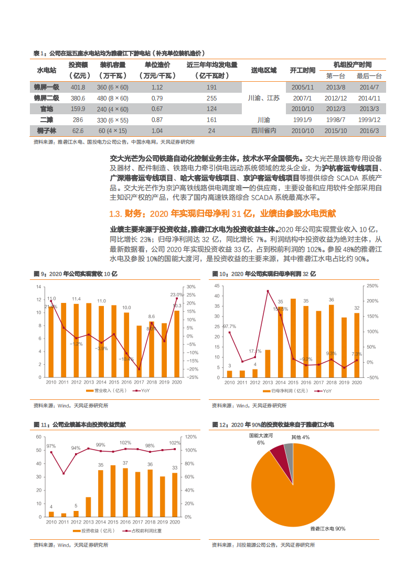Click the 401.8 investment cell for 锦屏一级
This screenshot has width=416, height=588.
click(78, 88)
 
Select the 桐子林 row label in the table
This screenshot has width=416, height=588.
click(46, 130)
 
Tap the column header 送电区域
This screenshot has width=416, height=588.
click(264, 70)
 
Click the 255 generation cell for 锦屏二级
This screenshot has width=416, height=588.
click(211, 98)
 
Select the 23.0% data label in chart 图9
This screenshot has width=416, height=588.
click(177, 295)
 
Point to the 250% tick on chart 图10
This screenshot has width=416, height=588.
click(372, 286)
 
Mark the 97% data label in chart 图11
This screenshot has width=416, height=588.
click(51, 447)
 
